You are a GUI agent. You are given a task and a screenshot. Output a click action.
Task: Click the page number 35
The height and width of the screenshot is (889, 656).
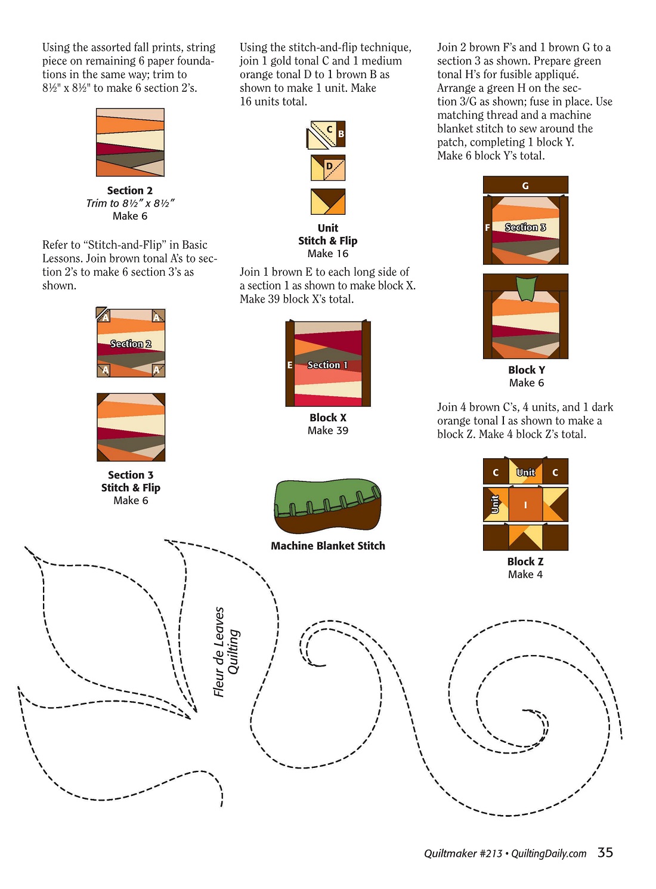point(605,852)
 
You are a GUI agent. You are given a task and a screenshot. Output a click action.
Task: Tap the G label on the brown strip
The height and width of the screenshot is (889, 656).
point(525,186)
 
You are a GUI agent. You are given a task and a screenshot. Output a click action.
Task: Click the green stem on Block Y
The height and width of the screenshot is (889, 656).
point(526,288)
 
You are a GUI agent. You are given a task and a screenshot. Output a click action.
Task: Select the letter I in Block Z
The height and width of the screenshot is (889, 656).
point(525,505)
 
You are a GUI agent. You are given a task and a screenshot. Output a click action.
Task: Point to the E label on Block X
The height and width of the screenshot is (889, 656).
point(289,365)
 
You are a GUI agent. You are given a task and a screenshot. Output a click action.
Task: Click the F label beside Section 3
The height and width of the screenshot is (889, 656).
point(487,228)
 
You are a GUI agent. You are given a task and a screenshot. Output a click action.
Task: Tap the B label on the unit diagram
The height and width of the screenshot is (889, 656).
point(341,134)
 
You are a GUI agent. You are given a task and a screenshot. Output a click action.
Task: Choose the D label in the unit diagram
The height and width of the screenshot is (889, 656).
point(329,166)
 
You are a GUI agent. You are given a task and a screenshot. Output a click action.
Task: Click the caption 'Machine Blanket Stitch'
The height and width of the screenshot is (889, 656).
point(328,545)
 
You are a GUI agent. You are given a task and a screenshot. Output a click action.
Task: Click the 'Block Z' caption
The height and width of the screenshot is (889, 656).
point(525,561)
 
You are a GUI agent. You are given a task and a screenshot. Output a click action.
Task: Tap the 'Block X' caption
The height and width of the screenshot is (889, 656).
point(328,417)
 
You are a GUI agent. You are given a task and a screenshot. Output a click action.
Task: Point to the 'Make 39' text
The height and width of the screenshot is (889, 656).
point(328,430)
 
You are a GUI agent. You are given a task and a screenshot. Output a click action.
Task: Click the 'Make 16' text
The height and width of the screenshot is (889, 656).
point(328,254)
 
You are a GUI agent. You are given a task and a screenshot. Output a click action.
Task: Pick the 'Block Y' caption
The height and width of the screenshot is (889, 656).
point(527,369)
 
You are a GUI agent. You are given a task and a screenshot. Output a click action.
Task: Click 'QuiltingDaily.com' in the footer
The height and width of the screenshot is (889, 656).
point(549,853)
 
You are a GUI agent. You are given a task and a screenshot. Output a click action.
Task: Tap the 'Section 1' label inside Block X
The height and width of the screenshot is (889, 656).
point(327,365)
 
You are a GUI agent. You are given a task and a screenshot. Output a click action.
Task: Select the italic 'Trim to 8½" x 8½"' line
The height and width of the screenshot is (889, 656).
point(130,203)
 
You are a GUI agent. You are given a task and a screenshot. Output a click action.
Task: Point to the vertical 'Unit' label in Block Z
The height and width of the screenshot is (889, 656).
point(495,504)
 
